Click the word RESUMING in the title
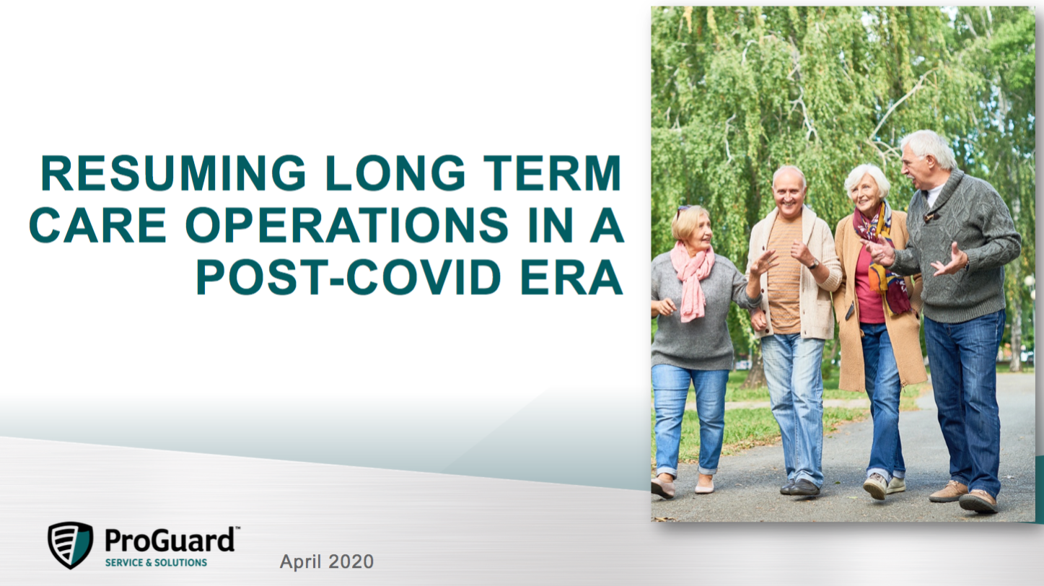coord(173,173)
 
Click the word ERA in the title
coord(572,277)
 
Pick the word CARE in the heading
coord(97,225)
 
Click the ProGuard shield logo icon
coord(71,545)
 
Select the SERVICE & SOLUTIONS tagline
coord(156,563)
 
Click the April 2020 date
coord(327,561)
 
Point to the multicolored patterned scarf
coord(881,256)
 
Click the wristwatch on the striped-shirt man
coord(813,264)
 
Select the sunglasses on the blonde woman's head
coord(684,210)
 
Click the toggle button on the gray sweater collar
coord(931,217)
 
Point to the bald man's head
coord(789,191)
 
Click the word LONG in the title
coord(395,173)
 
